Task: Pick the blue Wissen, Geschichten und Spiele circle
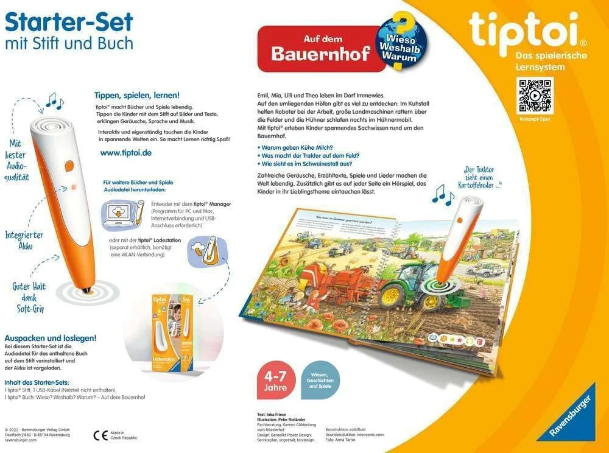[x=320, y=379]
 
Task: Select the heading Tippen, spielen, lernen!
[x=137, y=96]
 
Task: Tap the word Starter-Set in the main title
[x=69, y=23]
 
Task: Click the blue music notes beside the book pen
[x=443, y=194]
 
